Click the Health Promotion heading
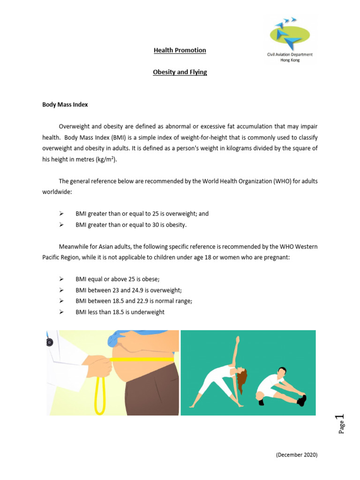[180, 50]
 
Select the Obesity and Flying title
[180, 73]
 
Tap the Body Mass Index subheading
[65, 105]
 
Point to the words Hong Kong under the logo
[289, 60]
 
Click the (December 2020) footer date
[297, 455]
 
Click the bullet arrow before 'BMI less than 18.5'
[61, 312]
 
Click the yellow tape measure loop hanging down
[99, 394]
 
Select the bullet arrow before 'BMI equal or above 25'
[61, 279]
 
